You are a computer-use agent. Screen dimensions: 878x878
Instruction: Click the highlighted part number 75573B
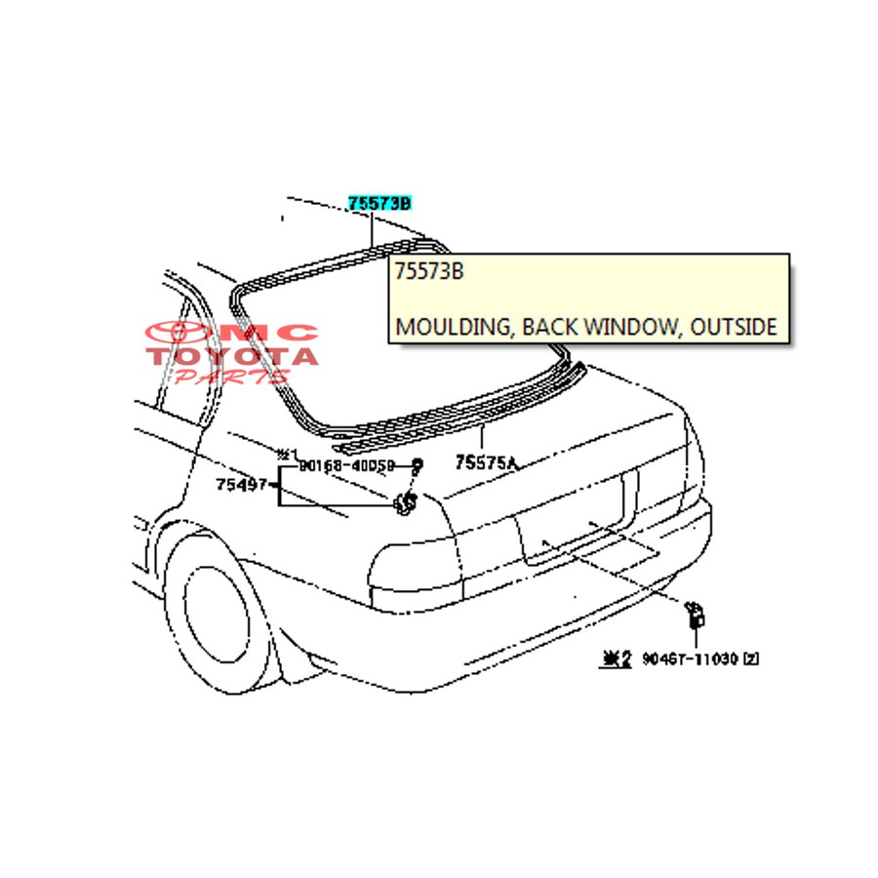(x=379, y=203)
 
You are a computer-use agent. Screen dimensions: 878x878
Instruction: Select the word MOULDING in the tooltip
(x=452, y=327)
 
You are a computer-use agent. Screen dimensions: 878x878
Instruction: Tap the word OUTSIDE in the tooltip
(x=733, y=327)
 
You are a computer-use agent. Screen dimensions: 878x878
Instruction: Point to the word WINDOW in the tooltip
(x=630, y=327)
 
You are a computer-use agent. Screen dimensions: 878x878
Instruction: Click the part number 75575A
(x=485, y=463)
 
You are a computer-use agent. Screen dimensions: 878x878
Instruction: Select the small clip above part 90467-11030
(x=697, y=614)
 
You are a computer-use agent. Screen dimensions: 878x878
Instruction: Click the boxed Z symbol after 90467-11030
(x=750, y=658)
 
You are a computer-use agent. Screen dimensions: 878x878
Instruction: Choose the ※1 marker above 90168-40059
(x=285, y=454)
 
